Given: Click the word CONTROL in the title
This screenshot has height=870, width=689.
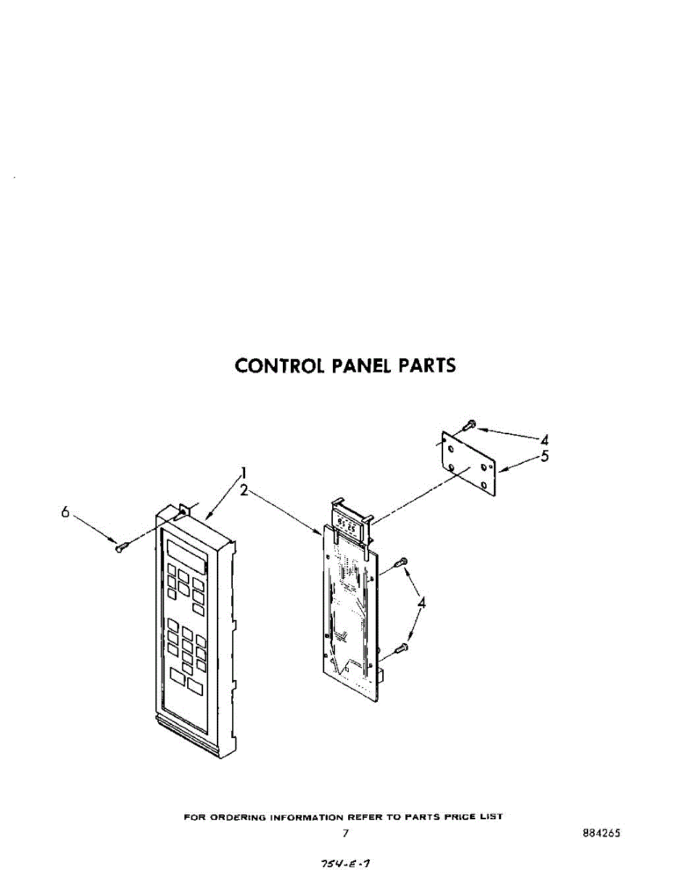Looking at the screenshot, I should pyautogui.click(x=280, y=365).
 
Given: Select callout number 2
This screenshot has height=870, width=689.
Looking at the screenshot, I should pyautogui.click(x=245, y=490).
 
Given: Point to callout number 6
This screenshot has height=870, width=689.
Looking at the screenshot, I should pyautogui.click(x=65, y=512).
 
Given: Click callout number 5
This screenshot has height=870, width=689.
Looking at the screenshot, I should pyautogui.click(x=545, y=456).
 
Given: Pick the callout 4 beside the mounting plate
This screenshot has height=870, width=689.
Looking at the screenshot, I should pyautogui.click(x=544, y=439).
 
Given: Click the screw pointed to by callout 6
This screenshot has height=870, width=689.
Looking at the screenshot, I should pyautogui.click(x=121, y=546).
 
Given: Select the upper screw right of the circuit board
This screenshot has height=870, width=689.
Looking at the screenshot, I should pyautogui.click(x=401, y=562).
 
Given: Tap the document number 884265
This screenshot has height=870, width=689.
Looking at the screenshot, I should pyautogui.click(x=601, y=834).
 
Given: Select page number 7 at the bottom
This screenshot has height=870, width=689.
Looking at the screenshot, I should pyautogui.click(x=346, y=834).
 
